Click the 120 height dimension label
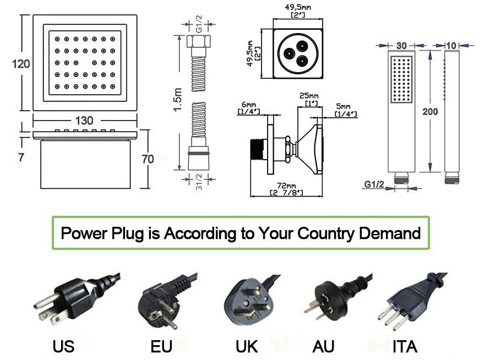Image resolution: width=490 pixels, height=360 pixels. tap(21, 64)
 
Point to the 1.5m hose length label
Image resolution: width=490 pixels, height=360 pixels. tap(177, 101)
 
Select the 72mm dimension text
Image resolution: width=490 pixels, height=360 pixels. tap(287, 186)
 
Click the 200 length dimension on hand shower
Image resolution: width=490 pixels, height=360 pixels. tap(430, 111)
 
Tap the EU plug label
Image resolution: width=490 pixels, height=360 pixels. tap(161, 346)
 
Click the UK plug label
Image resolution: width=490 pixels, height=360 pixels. tap(247, 346)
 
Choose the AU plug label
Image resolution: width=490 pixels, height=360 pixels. tap(324, 346)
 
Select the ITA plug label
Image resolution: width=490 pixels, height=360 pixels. tap(405, 346)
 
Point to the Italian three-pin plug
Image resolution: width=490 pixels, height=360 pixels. tap(407, 300)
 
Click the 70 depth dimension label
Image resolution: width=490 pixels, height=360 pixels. tap(148, 159)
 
